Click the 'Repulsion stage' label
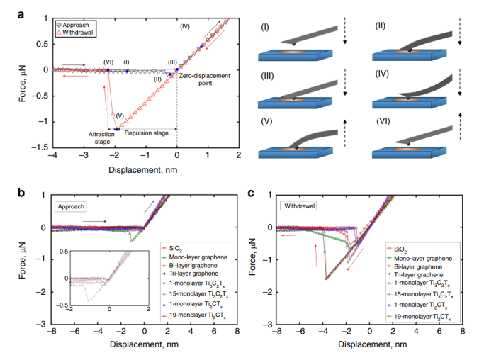click(x=147, y=131)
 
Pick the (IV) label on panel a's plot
click(x=184, y=26)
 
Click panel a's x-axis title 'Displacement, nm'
click(x=145, y=171)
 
